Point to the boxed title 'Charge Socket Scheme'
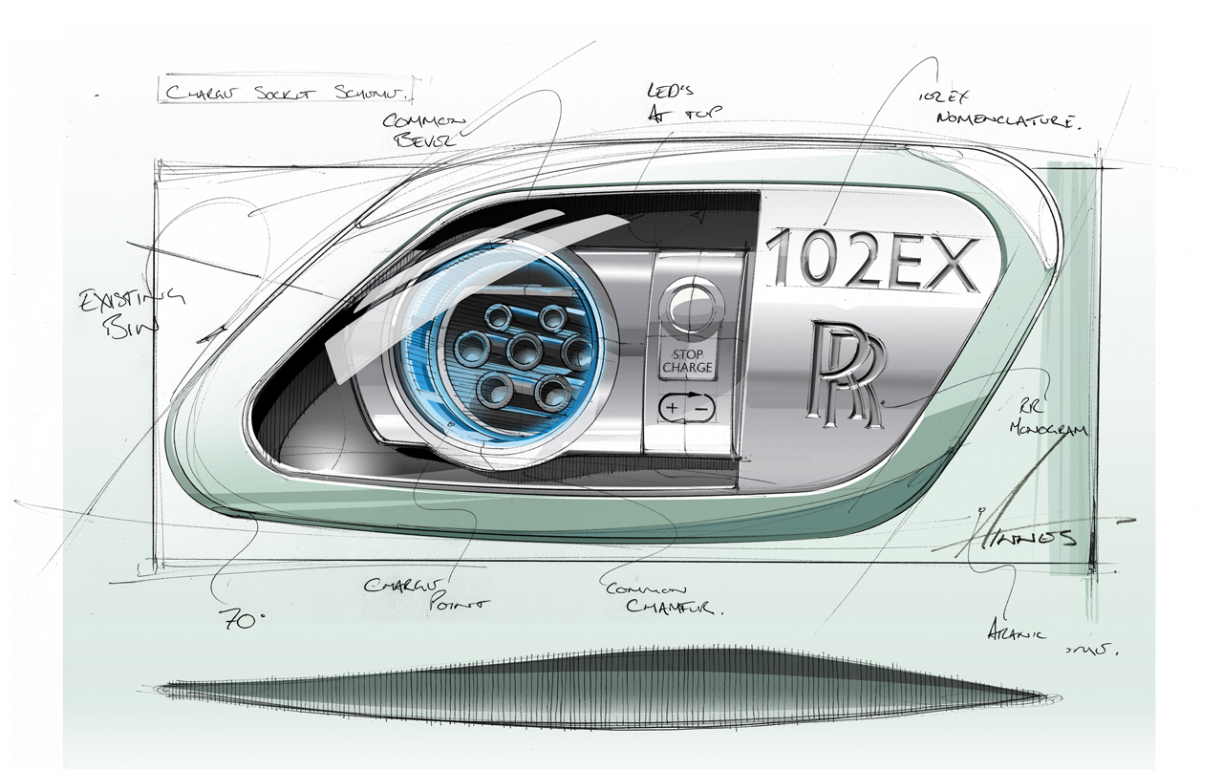click(285, 93)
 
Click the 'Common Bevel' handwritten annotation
click(423, 130)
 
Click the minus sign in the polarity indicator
click(701, 408)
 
